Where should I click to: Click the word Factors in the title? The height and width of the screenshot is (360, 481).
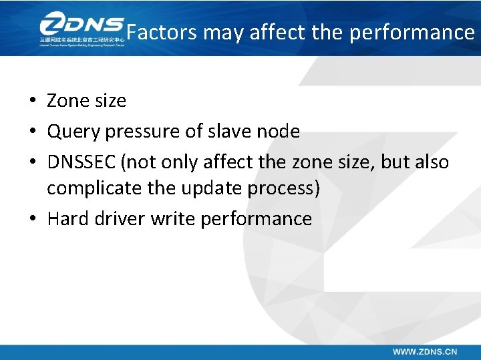point(161,32)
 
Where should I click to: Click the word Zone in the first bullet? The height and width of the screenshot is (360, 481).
point(66,101)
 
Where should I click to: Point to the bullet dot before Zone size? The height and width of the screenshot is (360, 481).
point(32,102)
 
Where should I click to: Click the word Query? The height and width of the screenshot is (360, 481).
point(71,132)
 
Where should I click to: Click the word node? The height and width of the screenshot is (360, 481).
point(279,132)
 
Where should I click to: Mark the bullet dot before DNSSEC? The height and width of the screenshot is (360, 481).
point(32,163)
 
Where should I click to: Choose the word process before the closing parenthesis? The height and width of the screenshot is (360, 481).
point(281,189)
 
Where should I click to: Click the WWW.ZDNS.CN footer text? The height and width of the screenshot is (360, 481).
point(425,351)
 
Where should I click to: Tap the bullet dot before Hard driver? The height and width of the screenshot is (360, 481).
point(32,219)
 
